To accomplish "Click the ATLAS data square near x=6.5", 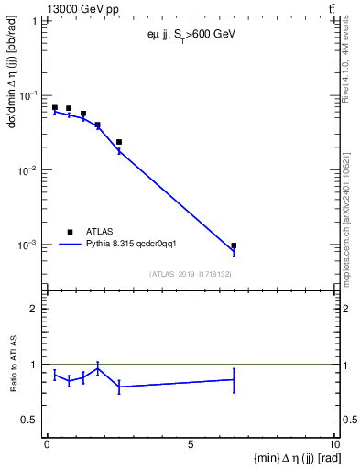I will (234, 245).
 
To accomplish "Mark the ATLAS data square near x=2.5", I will (119, 142).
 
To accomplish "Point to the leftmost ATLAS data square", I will (54, 108).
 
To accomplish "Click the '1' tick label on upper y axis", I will (34, 20).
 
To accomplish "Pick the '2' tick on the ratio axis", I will (34, 309).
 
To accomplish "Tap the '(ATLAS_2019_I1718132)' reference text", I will (191, 274).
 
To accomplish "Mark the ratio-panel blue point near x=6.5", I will (234, 379).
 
